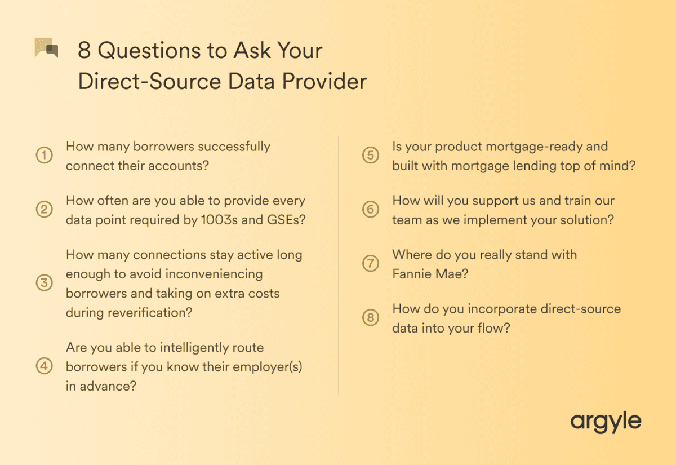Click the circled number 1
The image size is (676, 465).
pos(44,156)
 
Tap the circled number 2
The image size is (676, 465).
pos(44,210)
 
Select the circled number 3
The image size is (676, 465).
pos(44,283)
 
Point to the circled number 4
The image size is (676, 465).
pos(44,366)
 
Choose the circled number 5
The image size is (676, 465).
pos(370,156)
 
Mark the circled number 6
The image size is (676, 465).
pos(370,210)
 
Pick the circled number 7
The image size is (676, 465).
pos(370,264)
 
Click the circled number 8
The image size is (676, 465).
pos(370,318)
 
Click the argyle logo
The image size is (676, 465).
pos(606,422)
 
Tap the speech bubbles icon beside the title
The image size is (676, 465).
pos(47,48)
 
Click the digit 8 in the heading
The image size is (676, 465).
pos(84,51)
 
